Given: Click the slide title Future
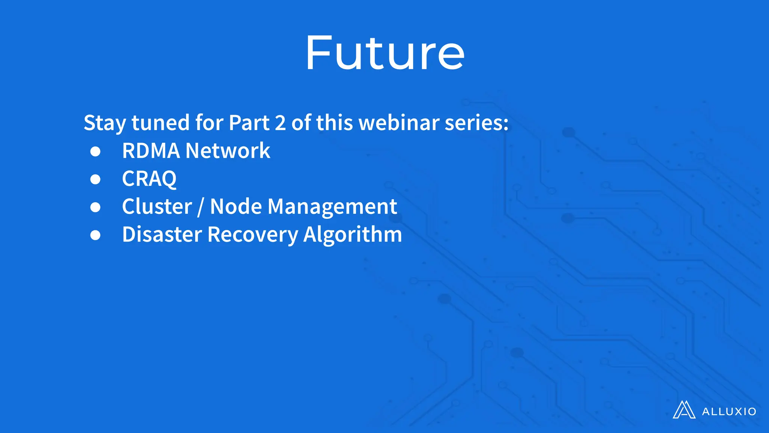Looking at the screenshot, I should point(384,53).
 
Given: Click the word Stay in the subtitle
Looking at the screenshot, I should point(104,123).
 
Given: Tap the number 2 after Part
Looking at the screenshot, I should point(280,123).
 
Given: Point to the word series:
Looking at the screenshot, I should point(476,123).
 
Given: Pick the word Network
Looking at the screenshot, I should point(228,151).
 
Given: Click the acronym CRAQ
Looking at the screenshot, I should point(149,179).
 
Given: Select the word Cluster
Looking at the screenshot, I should point(157,206).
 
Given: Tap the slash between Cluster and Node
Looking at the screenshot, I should point(201,207).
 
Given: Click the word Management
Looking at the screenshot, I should point(332,207).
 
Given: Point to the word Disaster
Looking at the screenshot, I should point(162,235).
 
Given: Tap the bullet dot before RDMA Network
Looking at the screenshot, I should point(95,151).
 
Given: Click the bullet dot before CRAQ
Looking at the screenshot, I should point(95,179).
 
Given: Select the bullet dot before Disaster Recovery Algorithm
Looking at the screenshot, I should point(95,235).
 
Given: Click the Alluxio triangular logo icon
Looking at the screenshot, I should point(684,410).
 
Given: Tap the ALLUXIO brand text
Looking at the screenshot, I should point(729,412).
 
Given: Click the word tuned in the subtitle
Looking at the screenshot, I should point(160,123).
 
